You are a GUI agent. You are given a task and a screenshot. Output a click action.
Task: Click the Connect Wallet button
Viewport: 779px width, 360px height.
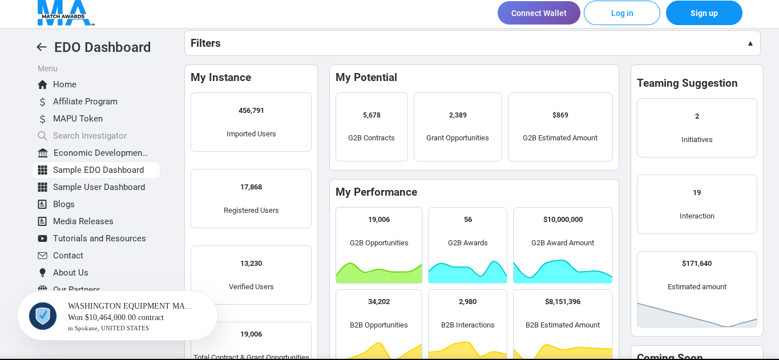[x=539, y=13]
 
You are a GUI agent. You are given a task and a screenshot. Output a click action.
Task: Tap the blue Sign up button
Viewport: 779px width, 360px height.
[x=704, y=13]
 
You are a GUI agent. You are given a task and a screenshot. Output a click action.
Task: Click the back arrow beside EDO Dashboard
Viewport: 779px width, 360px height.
[x=42, y=47]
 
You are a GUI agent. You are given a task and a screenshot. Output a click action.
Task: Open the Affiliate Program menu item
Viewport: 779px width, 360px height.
[x=85, y=102]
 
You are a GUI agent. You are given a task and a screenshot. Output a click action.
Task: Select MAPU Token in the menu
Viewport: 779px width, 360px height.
[x=78, y=119]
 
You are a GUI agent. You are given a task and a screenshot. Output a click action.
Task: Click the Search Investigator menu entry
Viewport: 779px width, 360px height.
[x=90, y=136]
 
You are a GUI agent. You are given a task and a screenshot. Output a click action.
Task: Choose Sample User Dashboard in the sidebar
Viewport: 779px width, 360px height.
[x=99, y=187]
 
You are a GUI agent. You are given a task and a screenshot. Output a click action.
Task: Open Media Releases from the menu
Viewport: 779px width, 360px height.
[x=83, y=221]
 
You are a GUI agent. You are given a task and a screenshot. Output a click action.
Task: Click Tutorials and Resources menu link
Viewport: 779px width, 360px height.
[x=99, y=238]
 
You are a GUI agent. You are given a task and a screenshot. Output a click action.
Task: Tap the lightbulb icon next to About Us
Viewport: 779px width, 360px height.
[x=42, y=273]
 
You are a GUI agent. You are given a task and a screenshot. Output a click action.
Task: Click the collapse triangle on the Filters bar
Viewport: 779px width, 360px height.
[x=750, y=43]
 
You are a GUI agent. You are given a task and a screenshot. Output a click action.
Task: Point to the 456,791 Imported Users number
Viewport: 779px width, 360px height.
[x=251, y=111]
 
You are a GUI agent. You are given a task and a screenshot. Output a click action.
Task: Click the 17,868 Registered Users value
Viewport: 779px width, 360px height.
[x=251, y=187]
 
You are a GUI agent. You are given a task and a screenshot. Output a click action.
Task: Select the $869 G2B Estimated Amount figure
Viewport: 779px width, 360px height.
[x=560, y=115]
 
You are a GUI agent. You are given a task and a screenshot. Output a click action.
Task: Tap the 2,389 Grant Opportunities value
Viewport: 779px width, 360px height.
[x=458, y=115]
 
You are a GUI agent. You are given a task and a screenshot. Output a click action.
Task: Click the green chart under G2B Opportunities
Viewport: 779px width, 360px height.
[x=379, y=272]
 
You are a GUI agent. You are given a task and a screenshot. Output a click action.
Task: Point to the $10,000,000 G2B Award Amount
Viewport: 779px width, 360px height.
[x=563, y=220]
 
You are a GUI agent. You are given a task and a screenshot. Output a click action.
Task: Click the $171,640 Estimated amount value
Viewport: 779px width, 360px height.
[x=697, y=264]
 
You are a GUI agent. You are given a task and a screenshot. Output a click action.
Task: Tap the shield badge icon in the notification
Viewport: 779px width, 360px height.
[x=43, y=315]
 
